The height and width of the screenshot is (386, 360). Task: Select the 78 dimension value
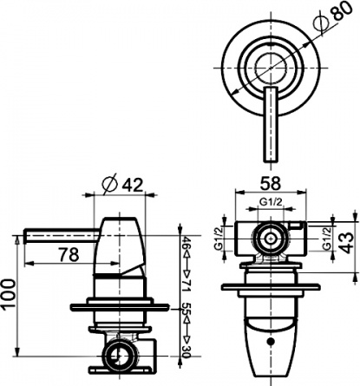69,255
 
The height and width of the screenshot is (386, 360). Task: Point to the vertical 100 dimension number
9,295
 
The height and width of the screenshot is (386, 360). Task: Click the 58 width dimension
271,183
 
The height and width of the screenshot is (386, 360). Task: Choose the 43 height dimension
346,243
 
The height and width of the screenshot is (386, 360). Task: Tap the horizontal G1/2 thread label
271,202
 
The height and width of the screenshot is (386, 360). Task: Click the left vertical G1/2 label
218,239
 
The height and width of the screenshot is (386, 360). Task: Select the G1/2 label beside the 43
326,239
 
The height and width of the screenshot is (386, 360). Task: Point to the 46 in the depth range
187,242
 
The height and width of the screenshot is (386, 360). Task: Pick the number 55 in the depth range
187,309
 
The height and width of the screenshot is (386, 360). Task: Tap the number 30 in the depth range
187,351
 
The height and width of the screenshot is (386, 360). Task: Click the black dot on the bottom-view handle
271,342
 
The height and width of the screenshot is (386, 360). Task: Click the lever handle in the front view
271,124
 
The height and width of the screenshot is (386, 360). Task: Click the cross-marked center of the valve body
271,239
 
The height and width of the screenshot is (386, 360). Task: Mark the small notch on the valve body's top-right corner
295,226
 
